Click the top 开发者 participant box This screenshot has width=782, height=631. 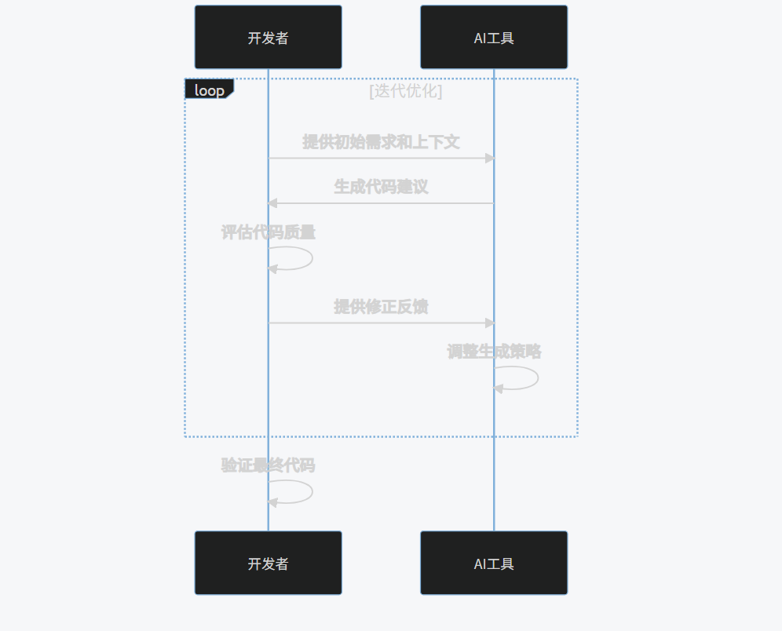[268, 37]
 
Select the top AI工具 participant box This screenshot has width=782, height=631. [494, 37]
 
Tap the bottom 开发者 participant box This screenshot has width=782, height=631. [268, 563]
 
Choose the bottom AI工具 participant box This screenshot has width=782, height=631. [494, 563]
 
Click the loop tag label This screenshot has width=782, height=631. [209, 89]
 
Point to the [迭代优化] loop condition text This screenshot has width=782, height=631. [405, 90]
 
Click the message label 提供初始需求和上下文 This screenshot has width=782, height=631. [381, 142]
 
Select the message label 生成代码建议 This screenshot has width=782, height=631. [381, 187]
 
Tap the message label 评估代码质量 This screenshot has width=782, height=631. [269, 232]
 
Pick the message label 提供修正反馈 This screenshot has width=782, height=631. [381, 306]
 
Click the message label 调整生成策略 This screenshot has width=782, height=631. [494, 352]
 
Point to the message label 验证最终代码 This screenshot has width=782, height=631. [269, 465]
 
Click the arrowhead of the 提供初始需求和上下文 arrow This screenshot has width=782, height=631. [490, 158]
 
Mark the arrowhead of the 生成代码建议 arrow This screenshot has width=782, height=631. [272, 203]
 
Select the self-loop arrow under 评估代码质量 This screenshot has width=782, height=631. [312, 258]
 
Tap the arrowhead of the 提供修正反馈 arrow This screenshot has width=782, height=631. [490, 323]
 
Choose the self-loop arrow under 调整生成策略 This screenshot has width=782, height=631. [537, 378]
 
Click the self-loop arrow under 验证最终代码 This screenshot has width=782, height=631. [312, 491]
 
